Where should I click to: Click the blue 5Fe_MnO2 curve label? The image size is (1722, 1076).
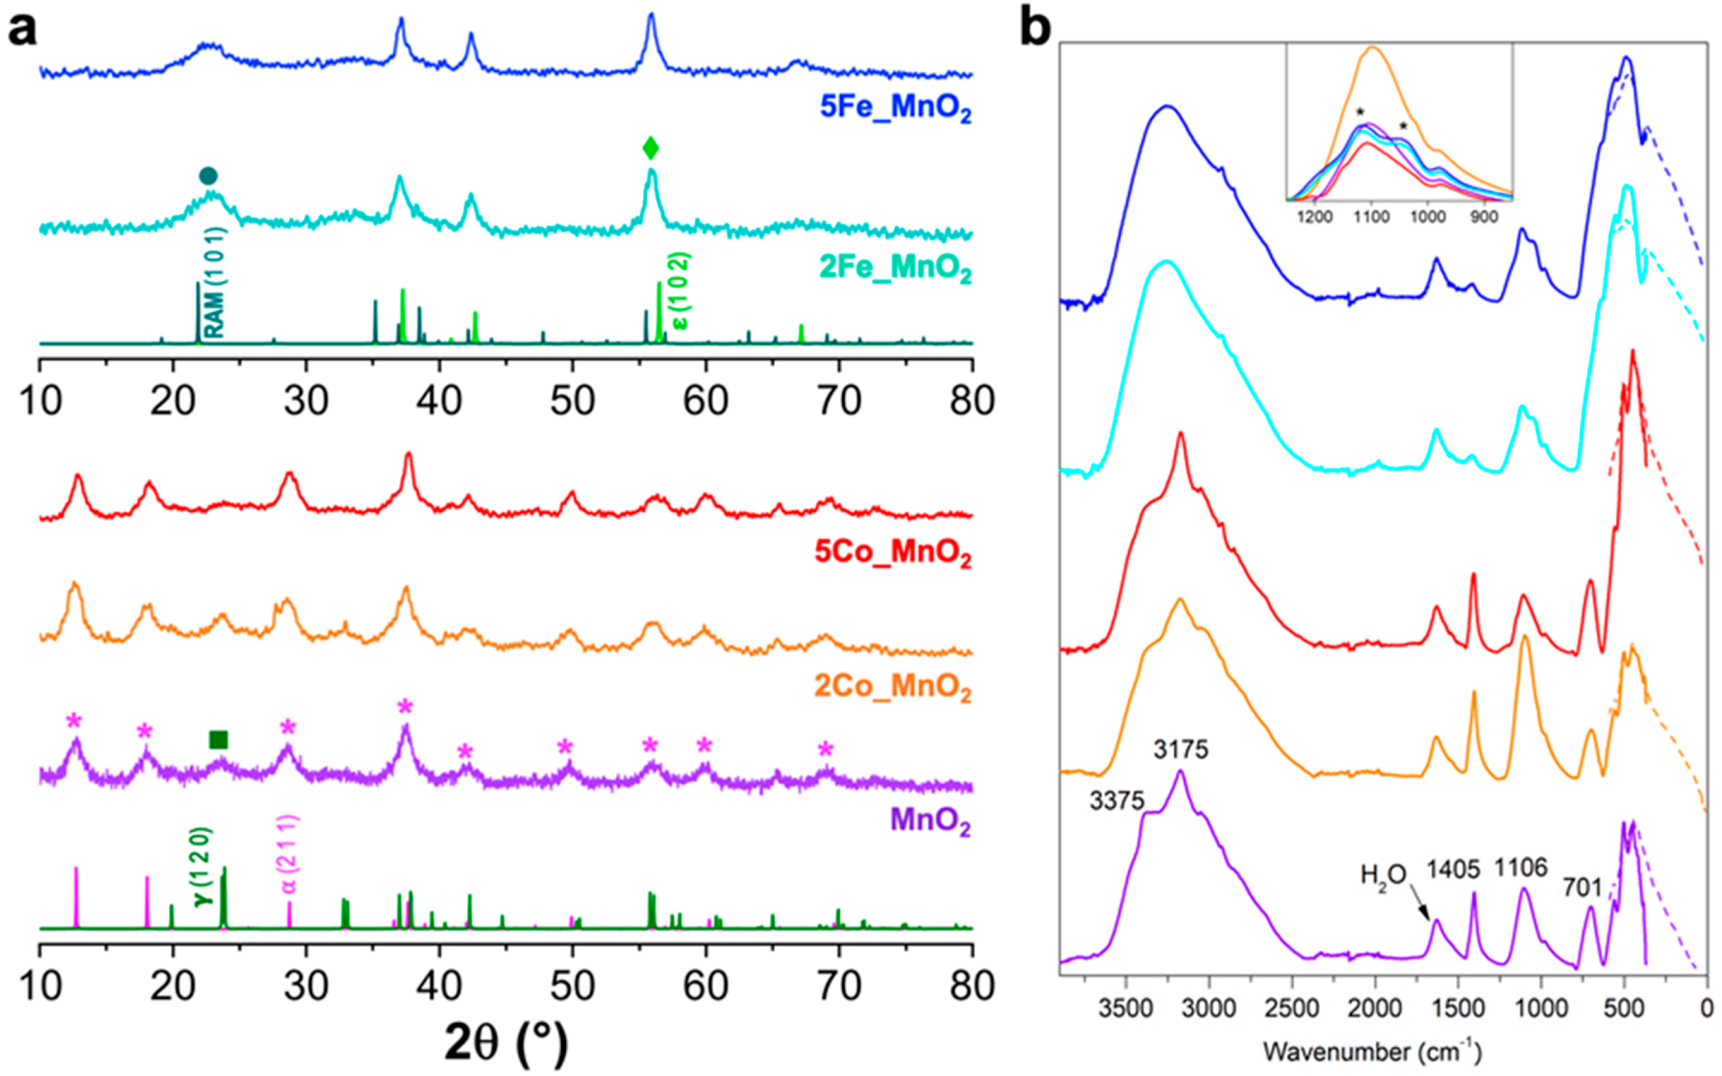pyautogui.click(x=895, y=107)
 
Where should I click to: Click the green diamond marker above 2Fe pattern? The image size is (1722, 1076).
pyautogui.click(x=650, y=148)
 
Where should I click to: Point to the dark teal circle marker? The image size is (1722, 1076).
pyautogui.click(x=207, y=176)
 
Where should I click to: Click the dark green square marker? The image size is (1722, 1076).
pyautogui.click(x=218, y=740)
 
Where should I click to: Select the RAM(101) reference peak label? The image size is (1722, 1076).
pyautogui.click(x=214, y=282)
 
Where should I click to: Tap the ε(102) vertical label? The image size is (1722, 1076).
pyautogui.click(x=681, y=291)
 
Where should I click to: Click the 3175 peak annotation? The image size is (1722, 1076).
pyautogui.click(x=1181, y=750)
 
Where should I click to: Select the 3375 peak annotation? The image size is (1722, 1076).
pyautogui.click(x=1117, y=801)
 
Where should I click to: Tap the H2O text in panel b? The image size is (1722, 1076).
pyautogui.click(x=1383, y=875)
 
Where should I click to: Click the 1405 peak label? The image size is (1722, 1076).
pyautogui.click(x=1454, y=869)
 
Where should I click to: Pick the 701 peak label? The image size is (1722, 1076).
pyautogui.click(x=1582, y=888)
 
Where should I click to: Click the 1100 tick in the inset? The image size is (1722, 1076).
pyautogui.click(x=1370, y=216)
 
